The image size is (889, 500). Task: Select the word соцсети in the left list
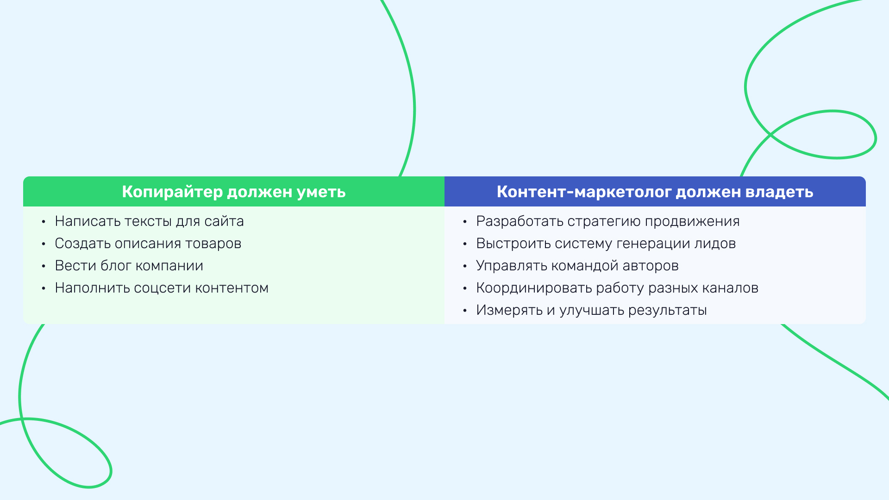click(x=162, y=288)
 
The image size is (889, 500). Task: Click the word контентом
click(x=232, y=288)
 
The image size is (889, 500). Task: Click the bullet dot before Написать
click(x=44, y=222)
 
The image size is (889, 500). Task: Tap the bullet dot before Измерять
click(x=465, y=311)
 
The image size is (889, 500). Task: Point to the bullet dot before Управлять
click(x=465, y=266)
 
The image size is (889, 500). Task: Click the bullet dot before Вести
click(x=44, y=266)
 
